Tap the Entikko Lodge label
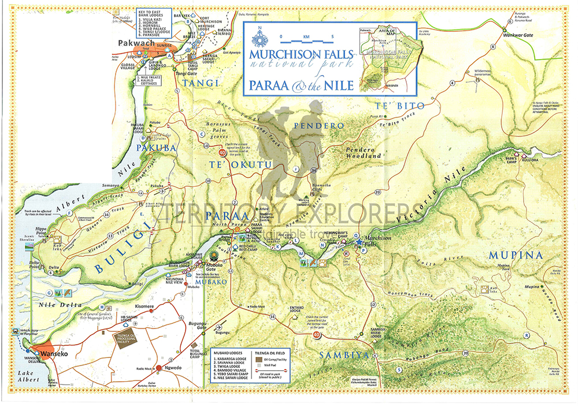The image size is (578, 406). [296, 308]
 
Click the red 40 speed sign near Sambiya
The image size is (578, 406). [316, 334]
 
